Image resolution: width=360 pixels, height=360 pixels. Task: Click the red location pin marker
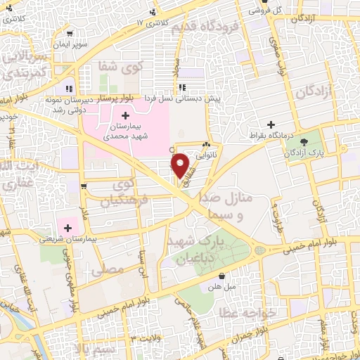pyautogui.click(x=181, y=165)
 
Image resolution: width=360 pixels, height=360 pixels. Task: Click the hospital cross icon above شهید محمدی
pyautogui.click(x=125, y=115)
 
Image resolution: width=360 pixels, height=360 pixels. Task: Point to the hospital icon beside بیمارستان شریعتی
pyautogui.click(x=68, y=227)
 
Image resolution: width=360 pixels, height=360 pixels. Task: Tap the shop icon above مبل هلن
pyautogui.click(x=222, y=276)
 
